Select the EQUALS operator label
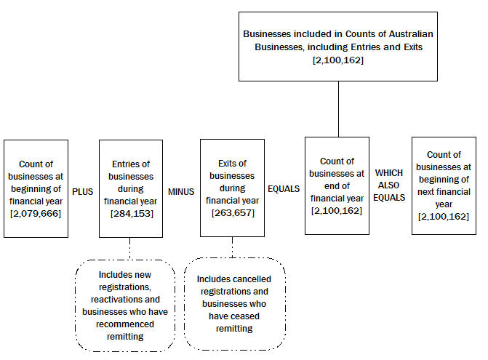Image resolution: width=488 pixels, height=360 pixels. tap(284, 188)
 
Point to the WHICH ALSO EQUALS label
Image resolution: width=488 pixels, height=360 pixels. tap(390, 185)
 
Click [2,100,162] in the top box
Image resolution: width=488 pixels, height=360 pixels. tap(339, 60)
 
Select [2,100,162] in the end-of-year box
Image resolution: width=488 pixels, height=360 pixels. tap(337, 210)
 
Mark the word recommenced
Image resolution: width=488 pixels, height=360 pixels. tap(127, 324)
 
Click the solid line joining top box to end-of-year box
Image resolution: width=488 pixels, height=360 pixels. tap(339, 109)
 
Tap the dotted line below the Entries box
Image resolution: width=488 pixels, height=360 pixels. tap(129, 249)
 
